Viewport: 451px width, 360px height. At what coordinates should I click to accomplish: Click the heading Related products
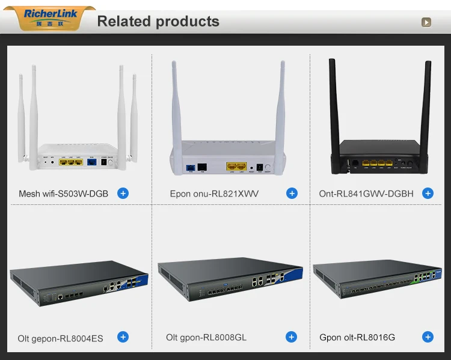coord(158,22)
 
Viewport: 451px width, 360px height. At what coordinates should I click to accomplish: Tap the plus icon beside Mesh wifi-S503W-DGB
coord(123,194)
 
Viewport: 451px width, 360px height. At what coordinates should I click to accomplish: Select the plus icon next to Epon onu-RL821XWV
coord(292,194)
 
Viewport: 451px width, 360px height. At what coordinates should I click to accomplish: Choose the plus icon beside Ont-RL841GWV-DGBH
coord(428,194)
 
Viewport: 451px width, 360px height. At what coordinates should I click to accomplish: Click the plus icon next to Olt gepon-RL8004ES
coord(123,337)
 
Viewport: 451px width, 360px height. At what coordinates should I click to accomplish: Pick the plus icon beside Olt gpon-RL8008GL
coord(292,337)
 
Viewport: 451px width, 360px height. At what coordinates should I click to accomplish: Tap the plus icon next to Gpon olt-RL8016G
coord(428,337)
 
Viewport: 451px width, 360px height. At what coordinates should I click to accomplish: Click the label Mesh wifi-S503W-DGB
coord(64,194)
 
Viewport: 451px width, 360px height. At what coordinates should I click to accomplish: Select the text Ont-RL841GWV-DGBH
coord(366,194)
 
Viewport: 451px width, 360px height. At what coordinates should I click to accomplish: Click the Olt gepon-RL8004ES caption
coord(60,338)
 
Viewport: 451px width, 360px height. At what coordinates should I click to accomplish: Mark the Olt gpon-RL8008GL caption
coord(206,338)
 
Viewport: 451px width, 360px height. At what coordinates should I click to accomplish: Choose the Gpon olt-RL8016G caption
coord(357,338)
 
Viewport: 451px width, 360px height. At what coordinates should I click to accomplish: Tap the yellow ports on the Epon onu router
coord(236,165)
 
